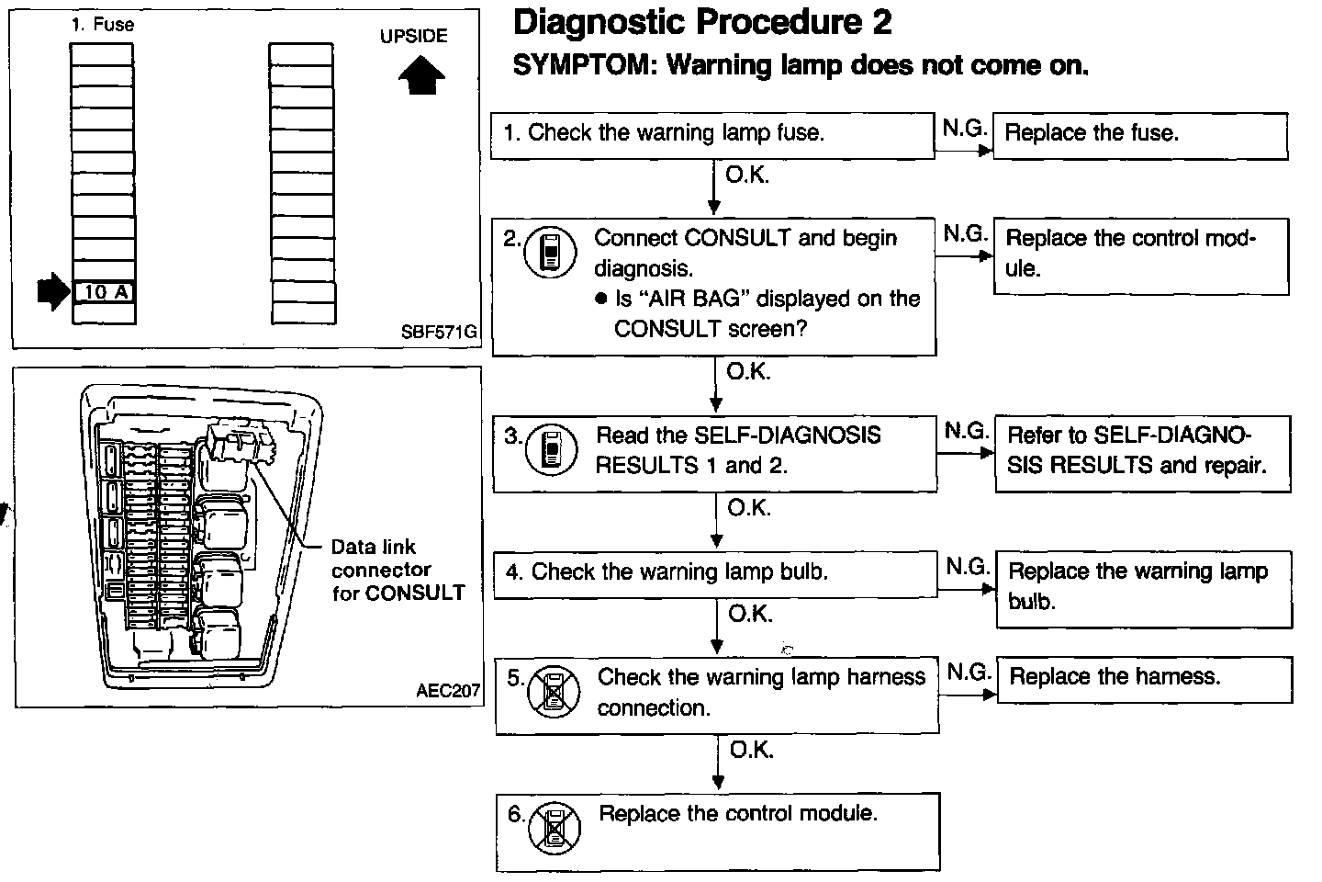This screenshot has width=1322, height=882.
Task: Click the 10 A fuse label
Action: pyautogui.click(x=104, y=293)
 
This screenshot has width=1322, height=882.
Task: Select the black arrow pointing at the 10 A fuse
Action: pyautogui.click(x=51, y=292)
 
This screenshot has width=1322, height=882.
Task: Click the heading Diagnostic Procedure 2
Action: pyautogui.click(x=701, y=22)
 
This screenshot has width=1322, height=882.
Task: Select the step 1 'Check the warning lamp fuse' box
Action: pyautogui.click(x=711, y=135)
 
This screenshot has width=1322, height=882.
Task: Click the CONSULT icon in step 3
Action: pyautogui.click(x=551, y=450)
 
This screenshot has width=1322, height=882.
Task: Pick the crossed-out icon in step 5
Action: pyautogui.click(x=555, y=692)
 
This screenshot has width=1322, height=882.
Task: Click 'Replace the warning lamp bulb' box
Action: pyautogui.click(x=1143, y=588)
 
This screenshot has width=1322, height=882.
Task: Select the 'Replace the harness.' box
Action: pyautogui.click(x=1143, y=679)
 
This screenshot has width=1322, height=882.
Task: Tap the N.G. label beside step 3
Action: pyautogui.click(x=966, y=431)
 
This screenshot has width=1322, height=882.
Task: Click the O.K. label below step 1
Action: pyautogui.click(x=747, y=175)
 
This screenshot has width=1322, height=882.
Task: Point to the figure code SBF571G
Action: pyautogui.click(x=439, y=332)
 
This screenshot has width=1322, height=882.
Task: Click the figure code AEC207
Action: pyautogui.click(x=448, y=691)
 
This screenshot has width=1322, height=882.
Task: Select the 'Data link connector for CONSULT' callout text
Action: pyautogui.click(x=397, y=571)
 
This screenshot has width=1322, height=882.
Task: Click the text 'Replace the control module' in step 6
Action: pyautogui.click(x=738, y=814)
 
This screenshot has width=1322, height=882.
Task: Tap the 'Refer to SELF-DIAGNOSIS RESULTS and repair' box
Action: pyautogui.click(x=1141, y=451)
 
